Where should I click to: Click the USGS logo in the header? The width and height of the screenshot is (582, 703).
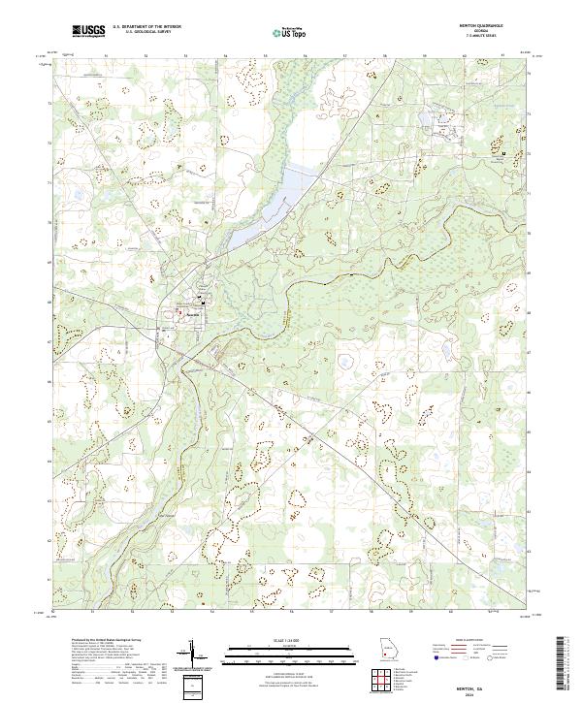click(x=89, y=32)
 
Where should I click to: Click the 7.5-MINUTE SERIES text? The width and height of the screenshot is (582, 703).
click(x=478, y=38)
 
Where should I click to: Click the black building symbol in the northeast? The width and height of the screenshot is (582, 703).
click(x=504, y=153)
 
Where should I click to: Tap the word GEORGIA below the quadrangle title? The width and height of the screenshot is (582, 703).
click(x=478, y=33)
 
